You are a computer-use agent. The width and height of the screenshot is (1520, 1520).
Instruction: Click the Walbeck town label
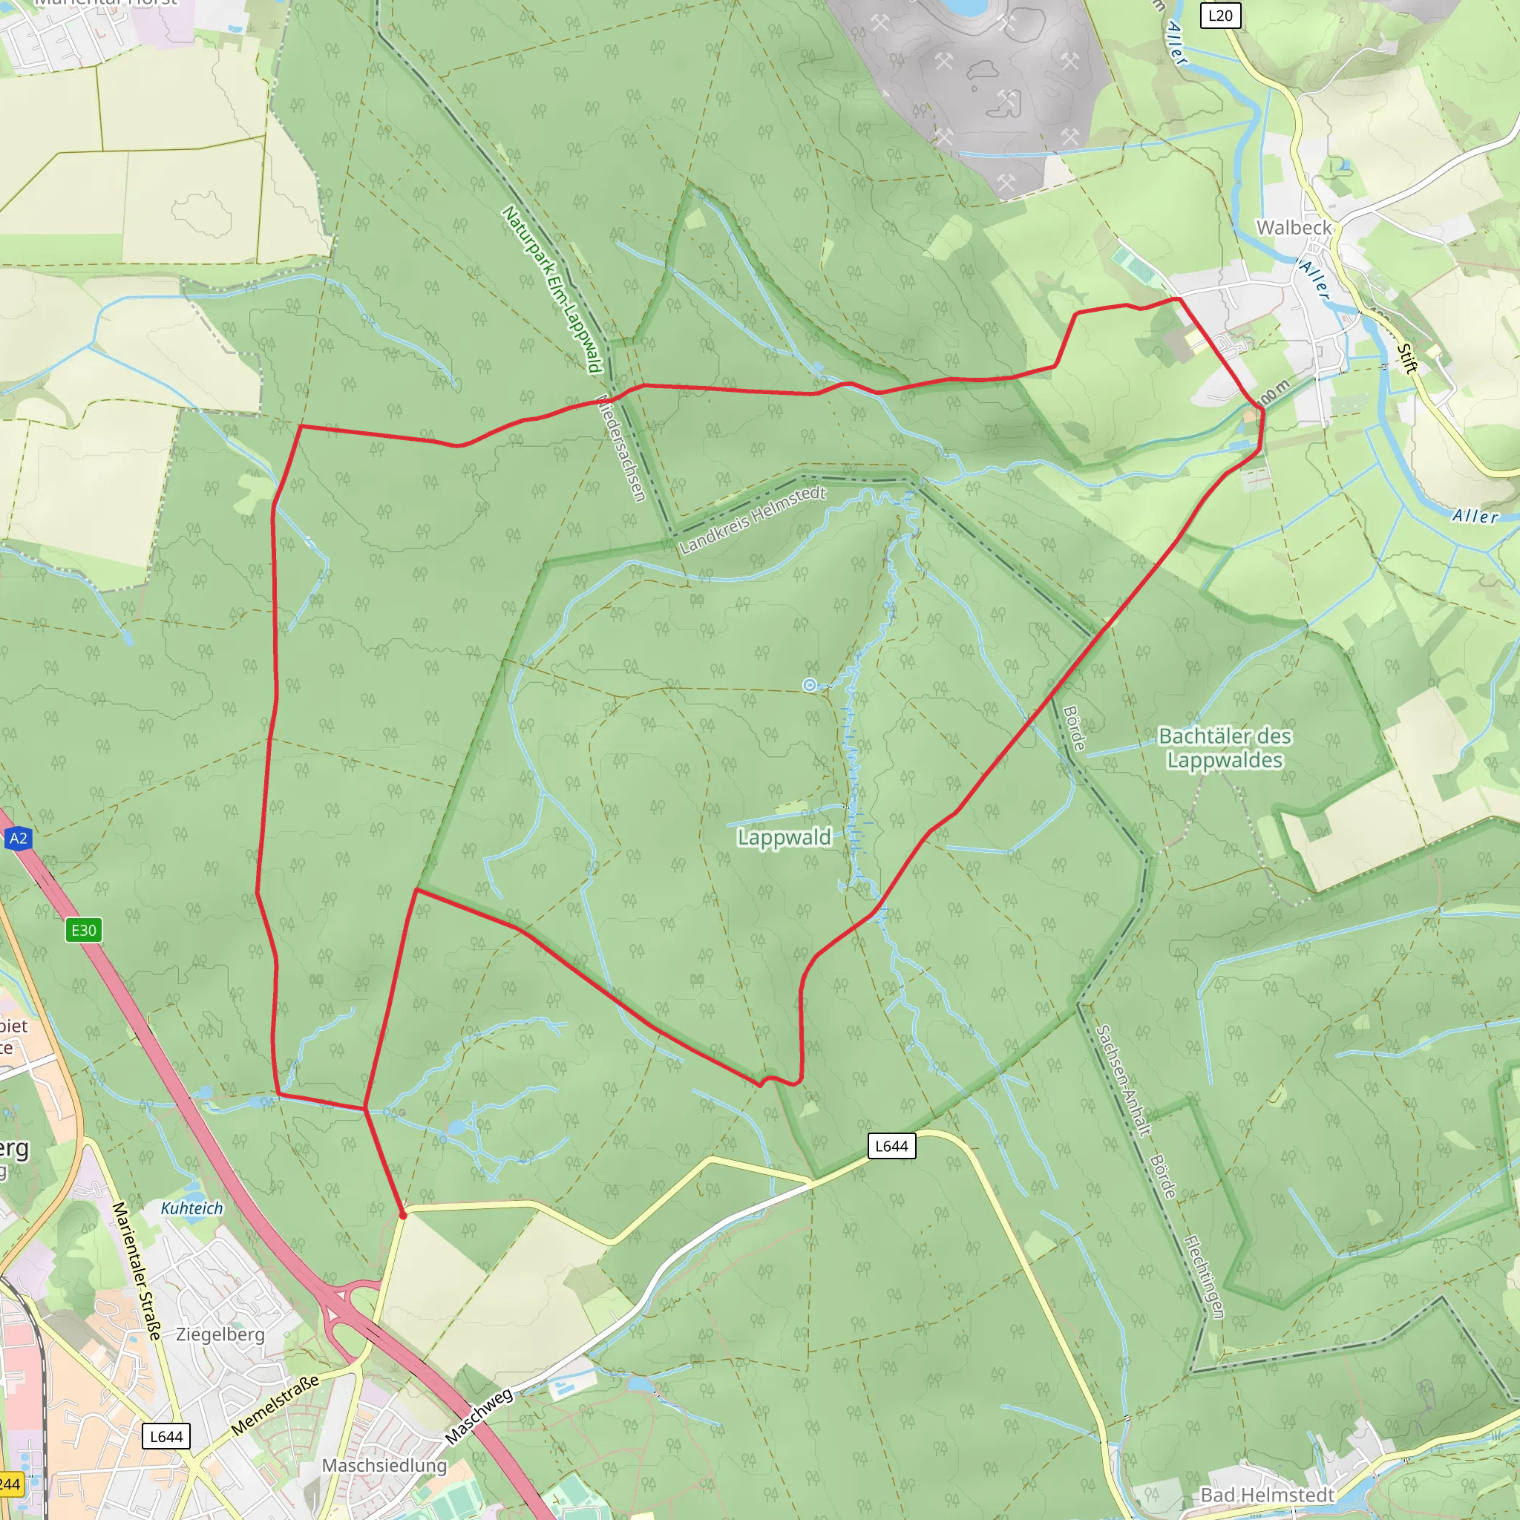point(1294,227)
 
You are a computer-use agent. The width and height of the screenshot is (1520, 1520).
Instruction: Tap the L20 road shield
point(1219,15)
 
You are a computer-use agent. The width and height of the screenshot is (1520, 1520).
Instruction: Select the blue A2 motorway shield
point(18,839)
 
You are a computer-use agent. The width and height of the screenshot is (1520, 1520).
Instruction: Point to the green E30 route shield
point(83,931)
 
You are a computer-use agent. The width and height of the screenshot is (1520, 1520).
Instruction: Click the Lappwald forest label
point(784,837)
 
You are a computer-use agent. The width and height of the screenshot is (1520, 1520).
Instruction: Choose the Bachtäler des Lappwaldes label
point(1225,748)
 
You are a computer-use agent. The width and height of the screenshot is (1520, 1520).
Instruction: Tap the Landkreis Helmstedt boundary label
point(752,520)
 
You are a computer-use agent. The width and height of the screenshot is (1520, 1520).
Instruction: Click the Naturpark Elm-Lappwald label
point(552,289)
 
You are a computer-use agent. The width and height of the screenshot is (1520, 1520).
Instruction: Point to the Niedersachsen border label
point(621,448)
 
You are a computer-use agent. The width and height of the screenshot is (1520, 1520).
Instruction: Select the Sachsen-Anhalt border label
point(1124,1080)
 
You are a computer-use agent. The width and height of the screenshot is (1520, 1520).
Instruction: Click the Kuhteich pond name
point(192,1208)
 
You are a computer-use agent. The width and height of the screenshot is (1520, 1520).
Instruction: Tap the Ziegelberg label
point(220,1334)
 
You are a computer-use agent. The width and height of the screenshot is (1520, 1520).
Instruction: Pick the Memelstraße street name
point(275,1405)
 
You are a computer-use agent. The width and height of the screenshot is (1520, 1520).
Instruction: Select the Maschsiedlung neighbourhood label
point(384,1466)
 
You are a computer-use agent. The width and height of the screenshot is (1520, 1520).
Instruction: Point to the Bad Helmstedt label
point(1267,1495)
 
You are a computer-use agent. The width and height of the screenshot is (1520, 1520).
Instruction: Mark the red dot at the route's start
point(403,1216)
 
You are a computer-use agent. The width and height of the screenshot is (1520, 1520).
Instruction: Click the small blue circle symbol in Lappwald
point(810,685)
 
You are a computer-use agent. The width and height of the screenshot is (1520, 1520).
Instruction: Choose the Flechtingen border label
point(1204,1276)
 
